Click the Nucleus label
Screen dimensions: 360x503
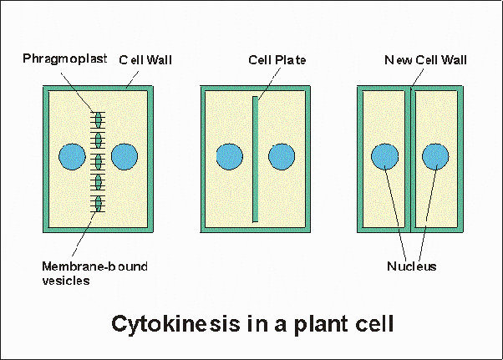[411, 267]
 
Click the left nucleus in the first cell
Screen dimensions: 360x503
[72, 156]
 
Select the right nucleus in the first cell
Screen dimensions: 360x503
[124, 156]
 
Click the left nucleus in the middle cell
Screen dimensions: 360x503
[229, 156]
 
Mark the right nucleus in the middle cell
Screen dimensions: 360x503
[281, 156]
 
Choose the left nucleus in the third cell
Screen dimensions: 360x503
[384, 156]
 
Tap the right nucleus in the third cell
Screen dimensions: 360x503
[435, 156]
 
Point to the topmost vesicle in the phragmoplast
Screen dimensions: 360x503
[98, 119]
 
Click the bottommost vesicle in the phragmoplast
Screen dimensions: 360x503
[98, 202]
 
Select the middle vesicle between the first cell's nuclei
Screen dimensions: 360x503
[98, 160]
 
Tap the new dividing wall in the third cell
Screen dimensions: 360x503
[410, 159]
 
